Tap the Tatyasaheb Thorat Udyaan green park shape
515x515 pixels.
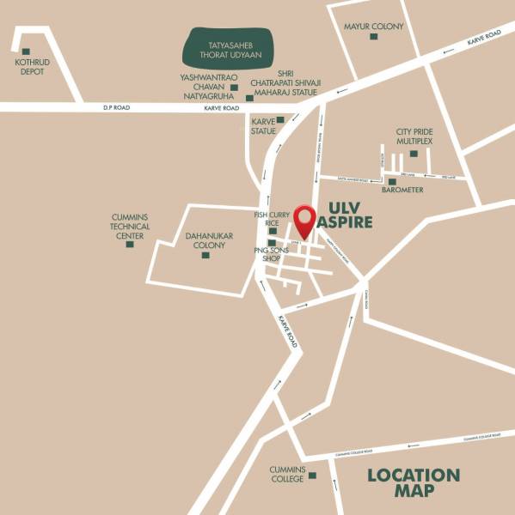pos(229,49)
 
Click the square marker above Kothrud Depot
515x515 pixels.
pos(26,51)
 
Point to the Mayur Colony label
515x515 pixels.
pos(373,27)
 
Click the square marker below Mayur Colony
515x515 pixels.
pos(373,37)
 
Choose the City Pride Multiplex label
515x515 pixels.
pos(414,136)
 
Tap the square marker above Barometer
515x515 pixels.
pos(392,181)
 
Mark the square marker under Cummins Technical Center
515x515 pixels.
pos(130,244)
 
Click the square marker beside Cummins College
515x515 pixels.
pos(312,475)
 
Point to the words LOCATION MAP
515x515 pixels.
pos(414,482)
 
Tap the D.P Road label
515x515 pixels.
pos(114,106)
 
